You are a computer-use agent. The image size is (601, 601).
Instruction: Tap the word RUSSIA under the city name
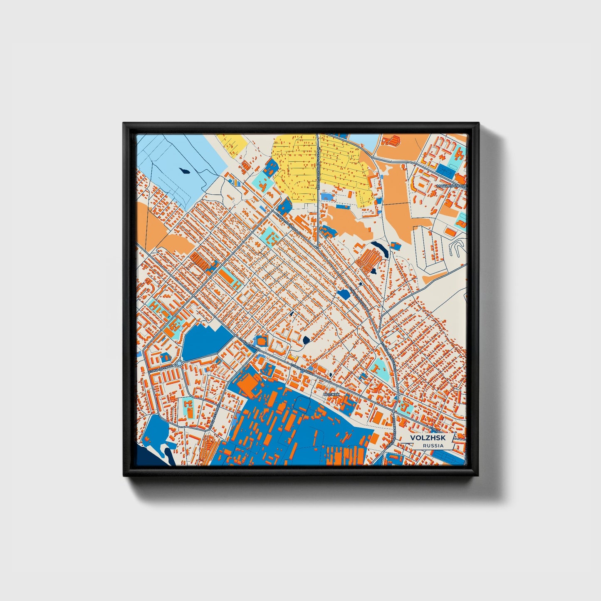click(x=433, y=445)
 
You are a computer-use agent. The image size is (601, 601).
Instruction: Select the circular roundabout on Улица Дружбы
click(x=179, y=364)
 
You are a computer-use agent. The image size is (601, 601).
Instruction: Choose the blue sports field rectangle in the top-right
click(x=446, y=170)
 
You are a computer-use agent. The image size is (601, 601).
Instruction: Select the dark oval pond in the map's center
click(x=306, y=341)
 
